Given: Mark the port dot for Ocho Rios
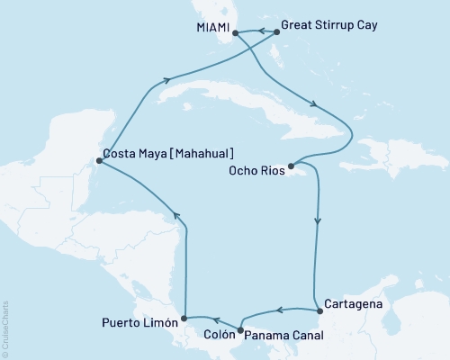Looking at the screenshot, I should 290,167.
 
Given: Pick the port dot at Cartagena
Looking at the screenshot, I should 315,310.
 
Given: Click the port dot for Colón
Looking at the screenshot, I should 239,328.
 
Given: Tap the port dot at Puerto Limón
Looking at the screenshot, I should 184,318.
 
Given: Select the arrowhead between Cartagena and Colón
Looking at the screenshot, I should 279,311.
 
